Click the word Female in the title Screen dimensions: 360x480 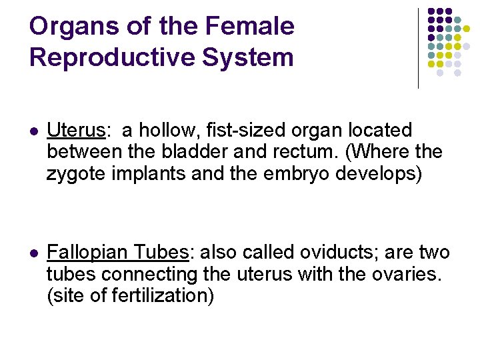249,27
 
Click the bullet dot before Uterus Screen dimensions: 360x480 34,131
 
